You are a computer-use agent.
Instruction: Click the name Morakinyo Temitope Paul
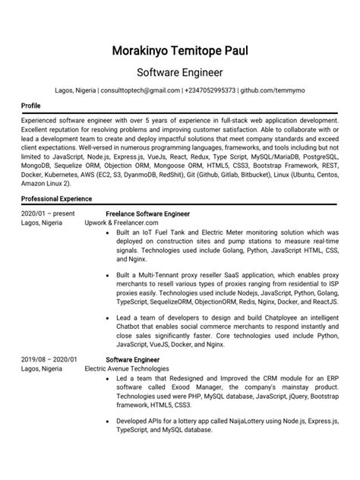(180, 52)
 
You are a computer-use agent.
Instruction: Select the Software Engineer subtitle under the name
(180, 74)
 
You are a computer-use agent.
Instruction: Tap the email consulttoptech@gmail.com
(138, 90)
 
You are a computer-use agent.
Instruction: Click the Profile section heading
(31, 106)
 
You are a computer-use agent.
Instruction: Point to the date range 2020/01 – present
(48, 214)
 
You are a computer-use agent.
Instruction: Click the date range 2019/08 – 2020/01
(49, 359)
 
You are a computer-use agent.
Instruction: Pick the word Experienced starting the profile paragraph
(44, 121)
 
